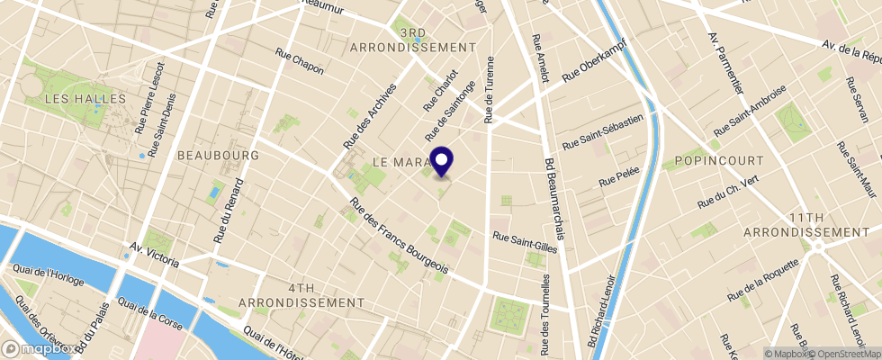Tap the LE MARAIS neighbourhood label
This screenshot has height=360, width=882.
(400, 161)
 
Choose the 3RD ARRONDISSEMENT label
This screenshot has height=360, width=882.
(412, 40)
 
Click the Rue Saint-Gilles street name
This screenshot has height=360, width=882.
(525, 242)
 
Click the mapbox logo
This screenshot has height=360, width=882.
(38, 348)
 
